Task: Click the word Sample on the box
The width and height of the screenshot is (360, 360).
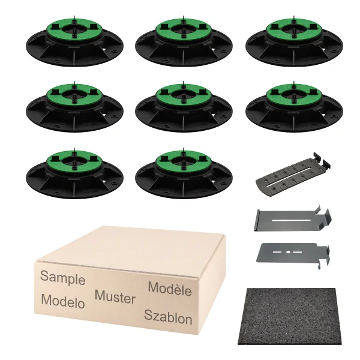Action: click(62, 278)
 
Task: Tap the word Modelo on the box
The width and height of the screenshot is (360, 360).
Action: click(63, 301)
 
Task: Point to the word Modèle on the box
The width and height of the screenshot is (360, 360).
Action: click(170, 289)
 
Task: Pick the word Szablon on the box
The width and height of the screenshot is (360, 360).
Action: click(168, 317)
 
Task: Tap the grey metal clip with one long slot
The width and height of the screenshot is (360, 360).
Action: click(293, 219)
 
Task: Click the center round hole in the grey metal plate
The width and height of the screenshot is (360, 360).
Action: click(288, 253)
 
